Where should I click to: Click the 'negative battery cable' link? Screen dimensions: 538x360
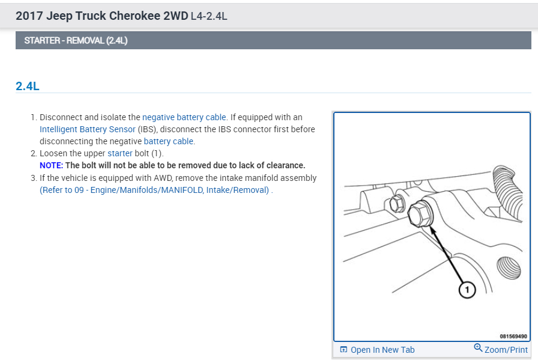pyautogui.click(x=184, y=117)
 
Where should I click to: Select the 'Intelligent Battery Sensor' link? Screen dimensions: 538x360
pyautogui.click(x=88, y=129)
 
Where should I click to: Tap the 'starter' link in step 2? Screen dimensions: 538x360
pyautogui.click(x=119, y=153)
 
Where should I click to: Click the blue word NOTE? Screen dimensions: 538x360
pyautogui.click(x=52, y=165)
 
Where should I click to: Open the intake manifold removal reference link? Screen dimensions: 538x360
pyautogui.click(x=156, y=190)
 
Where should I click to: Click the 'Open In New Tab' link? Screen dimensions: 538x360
pyautogui.click(x=382, y=350)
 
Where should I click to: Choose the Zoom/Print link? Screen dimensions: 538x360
pyautogui.click(x=506, y=350)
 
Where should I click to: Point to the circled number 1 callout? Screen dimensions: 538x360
pyautogui.click(x=467, y=290)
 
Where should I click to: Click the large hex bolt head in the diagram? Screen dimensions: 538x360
pyautogui.click(x=420, y=214)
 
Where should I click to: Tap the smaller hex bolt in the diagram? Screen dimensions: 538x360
pyautogui.click(x=397, y=204)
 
